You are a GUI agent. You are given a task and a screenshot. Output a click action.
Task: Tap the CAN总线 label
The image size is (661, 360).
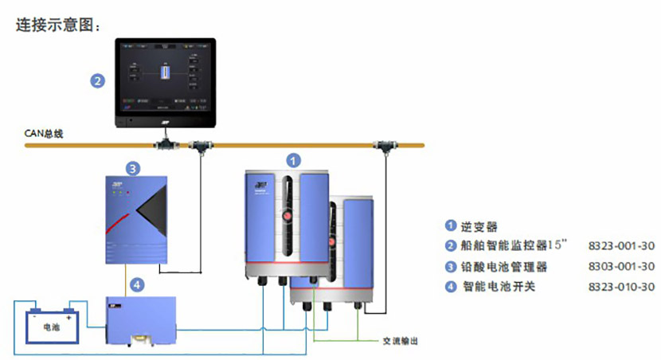click(43, 134)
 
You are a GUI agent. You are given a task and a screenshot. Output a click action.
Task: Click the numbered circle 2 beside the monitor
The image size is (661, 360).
click(96, 81)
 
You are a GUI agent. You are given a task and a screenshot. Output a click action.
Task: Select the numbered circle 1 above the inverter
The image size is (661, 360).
click(294, 160)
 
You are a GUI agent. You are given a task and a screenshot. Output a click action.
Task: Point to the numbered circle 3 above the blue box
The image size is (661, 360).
click(134, 168)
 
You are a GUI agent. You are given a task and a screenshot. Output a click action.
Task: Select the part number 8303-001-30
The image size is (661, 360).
click(620, 267)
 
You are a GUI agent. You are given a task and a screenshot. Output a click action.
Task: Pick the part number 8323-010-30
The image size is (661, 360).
click(620, 287)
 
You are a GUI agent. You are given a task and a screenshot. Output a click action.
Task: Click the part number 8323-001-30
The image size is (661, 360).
click(620, 245)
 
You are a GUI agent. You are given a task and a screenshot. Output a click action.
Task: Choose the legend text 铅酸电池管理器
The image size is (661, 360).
click(504, 267)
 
